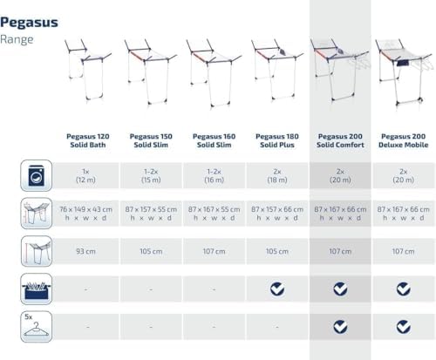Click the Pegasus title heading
pos(29,23)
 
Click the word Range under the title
pos(17,39)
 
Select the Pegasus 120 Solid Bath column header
pos(88,140)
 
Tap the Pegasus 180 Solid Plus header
pos(277,140)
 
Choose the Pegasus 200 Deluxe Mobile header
pos(404,140)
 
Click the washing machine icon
pos(37,175)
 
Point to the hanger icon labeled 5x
pos(37,327)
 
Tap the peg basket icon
pos(37,289)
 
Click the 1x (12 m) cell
pos(85,175)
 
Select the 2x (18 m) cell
pos(277,175)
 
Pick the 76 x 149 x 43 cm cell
pos(85,214)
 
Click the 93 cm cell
pos(85,251)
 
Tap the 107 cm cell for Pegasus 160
pos(214,251)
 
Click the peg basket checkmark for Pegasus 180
pos(277,289)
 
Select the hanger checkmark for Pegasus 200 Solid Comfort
pos(340,327)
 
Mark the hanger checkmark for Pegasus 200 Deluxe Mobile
pos(404,327)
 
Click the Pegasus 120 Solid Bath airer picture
pos(87,70)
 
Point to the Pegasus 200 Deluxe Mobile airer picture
pos(405,71)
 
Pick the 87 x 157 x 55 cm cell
pos(151,214)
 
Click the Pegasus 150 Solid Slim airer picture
pos(150,71)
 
